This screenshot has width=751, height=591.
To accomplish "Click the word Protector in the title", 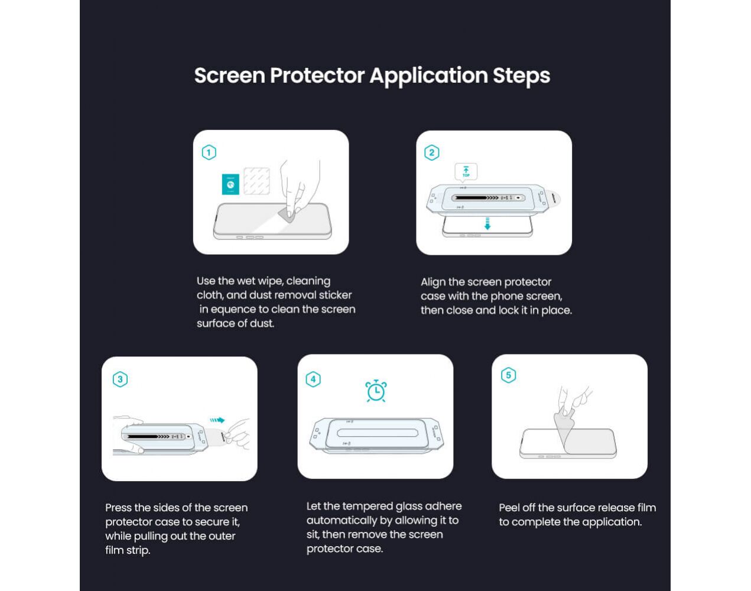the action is coord(317,76).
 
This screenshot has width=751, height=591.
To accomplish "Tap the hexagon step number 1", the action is coord(209,152).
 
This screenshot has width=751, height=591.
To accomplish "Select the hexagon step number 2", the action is coord(432,152).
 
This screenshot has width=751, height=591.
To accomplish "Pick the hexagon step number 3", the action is coord(120,379).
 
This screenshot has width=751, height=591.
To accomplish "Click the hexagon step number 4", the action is coord(313,379).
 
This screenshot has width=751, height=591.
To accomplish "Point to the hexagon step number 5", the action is coord(509,375).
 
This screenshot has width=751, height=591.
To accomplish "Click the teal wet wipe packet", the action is coord(230,184).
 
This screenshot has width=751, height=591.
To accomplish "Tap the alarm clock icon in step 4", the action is coord(376,391).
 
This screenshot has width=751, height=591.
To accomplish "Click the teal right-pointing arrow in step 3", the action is coord(217,420).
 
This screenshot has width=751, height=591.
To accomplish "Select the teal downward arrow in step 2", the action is coord(487,224).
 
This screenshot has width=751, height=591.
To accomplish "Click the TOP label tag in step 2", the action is coord(466,171).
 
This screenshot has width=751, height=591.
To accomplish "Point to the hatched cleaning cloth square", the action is coord(256,181).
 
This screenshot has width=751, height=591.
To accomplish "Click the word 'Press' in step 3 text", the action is coord(118,508).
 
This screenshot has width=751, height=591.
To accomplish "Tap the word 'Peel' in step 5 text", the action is coord(509,508).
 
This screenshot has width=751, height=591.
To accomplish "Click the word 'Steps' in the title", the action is coord(521,76).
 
